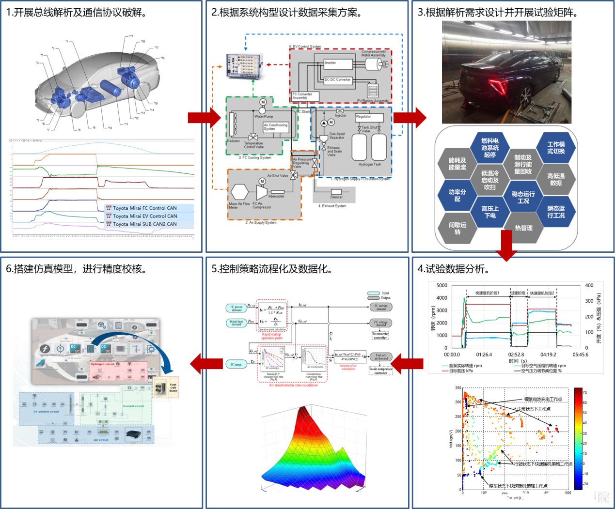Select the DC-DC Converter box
pos(337,80)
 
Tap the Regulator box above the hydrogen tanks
pos(369,117)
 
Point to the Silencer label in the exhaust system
pos(336,197)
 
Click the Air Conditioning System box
pos(275,127)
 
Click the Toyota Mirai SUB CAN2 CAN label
pos(145,224)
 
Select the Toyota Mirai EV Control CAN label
pos(145,216)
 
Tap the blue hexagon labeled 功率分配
pos(457,196)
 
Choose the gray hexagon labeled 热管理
pos(523,228)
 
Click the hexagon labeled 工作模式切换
pos(556,148)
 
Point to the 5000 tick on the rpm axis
pos(442,286)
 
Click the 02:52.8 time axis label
pos(516,355)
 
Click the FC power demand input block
pos(237,308)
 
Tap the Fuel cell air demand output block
pos(381,356)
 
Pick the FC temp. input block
pos(236,364)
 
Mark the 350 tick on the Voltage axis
pos(458,388)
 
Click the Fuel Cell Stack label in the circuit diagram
pos(173,387)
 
